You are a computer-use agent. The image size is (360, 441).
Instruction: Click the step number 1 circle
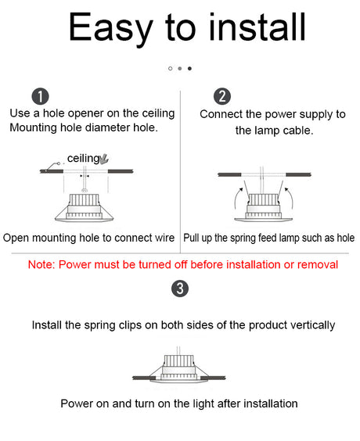[x=40, y=96]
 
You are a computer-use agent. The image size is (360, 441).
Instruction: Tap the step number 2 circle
[x=222, y=96]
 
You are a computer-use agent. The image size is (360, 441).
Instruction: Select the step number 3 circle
[x=180, y=289]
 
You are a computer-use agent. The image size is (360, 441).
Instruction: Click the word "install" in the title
[x=257, y=27]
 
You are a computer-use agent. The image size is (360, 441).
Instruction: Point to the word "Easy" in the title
[x=110, y=29]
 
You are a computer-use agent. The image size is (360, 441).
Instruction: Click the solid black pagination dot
[x=189, y=68]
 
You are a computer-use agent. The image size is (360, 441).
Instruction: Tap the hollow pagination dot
[x=170, y=68]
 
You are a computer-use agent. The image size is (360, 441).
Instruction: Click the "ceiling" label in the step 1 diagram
[x=83, y=159]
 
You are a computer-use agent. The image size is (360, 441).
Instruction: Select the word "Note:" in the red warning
[x=41, y=264]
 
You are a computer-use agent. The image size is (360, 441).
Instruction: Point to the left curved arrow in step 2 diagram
[x=237, y=199]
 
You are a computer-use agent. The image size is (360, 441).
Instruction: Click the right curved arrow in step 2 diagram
[x=290, y=199]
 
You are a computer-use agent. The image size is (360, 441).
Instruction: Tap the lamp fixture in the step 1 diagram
[x=85, y=207]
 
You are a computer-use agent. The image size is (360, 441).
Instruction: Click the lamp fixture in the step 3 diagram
[x=179, y=369]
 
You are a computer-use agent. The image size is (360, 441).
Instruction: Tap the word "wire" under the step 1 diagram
[x=164, y=238]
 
